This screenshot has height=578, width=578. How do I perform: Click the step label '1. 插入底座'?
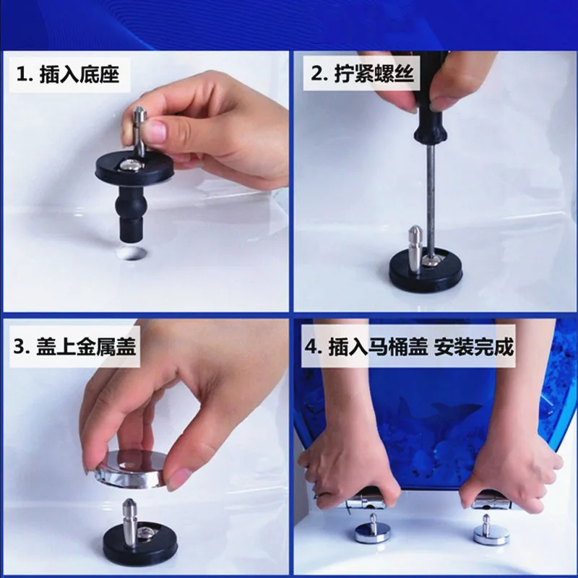click(x=68, y=74)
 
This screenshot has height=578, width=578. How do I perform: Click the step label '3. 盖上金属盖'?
click(x=75, y=347)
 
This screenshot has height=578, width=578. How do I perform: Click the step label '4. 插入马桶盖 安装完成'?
click(x=409, y=347)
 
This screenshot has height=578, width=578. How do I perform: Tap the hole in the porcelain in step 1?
click(x=130, y=254)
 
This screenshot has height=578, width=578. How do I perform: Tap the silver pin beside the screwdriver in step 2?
click(x=415, y=249)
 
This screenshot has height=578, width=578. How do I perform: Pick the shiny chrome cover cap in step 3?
click(x=130, y=468)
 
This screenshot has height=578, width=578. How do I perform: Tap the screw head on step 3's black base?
click(x=144, y=531)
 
